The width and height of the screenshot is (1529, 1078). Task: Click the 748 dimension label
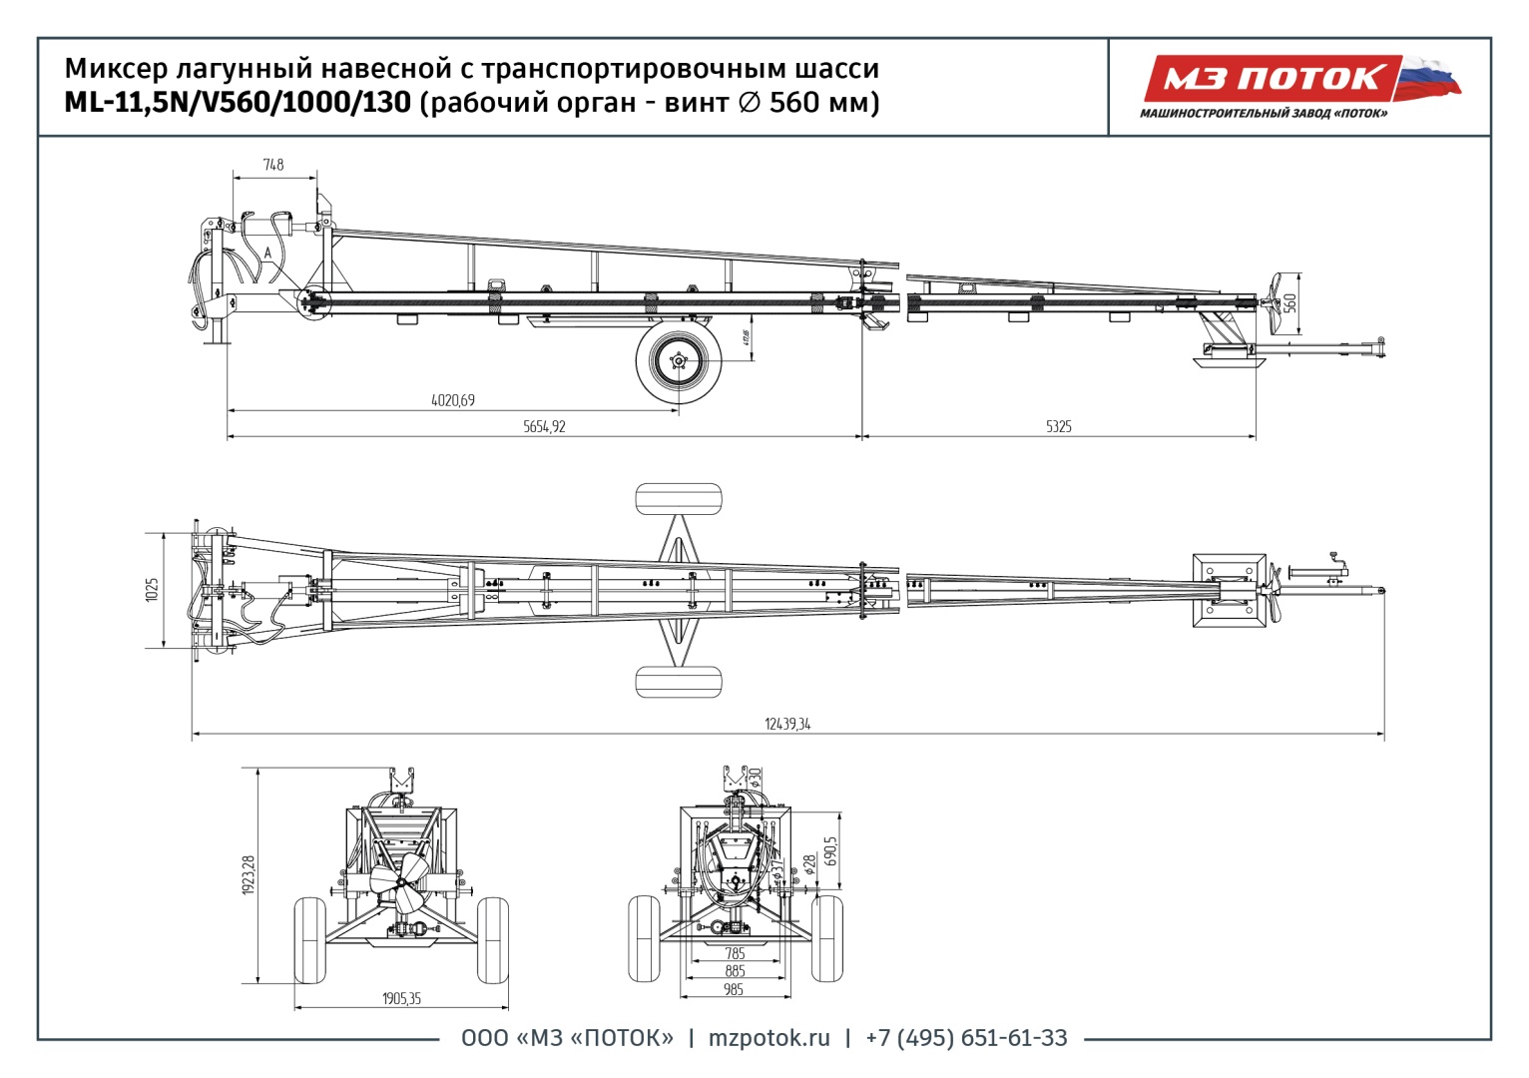tap(273, 165)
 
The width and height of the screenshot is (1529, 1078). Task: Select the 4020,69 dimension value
tap(453, 400)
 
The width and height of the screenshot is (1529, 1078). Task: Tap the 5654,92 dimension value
tap(544, 426)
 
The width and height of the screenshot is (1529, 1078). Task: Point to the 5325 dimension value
tap(1059, 426)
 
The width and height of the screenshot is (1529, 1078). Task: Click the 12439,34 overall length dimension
tap(787, 724)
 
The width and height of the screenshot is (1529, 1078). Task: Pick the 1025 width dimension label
tap(152, 590)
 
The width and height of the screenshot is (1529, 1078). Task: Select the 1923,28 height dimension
tap(249, 874)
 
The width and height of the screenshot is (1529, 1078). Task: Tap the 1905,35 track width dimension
tap(401, 998)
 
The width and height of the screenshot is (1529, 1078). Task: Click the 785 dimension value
tap(735, 953)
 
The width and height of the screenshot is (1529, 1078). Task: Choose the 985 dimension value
tap(735, 989)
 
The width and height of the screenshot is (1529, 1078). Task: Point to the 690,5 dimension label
tap(831, 850)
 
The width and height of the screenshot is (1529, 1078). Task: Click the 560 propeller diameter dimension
tap(1289, 300)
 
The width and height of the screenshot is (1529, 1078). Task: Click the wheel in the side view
tap(679, 360)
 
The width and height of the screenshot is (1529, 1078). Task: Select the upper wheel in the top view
tap(679, 498)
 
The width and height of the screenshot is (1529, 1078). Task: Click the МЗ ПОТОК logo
tap(1273, 79)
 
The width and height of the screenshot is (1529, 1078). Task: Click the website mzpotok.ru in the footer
tap(768, 1038)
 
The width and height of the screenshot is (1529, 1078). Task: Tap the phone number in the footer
tap(966, 1038)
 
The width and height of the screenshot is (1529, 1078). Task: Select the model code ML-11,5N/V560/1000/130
tap(238, 103)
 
